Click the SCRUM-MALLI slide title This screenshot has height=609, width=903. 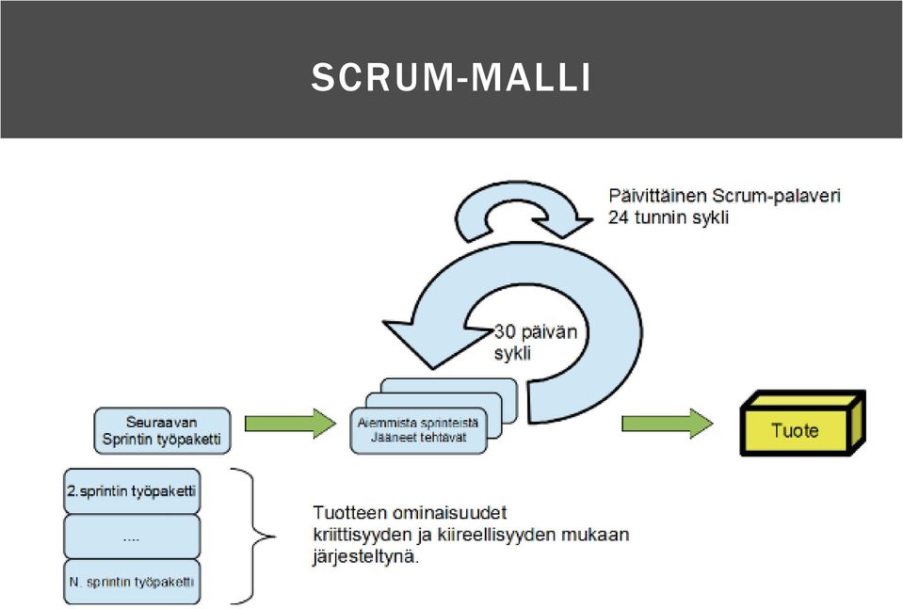(451, 77)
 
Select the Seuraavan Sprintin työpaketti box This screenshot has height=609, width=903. (162, 430)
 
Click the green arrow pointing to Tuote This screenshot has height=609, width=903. (667, 424)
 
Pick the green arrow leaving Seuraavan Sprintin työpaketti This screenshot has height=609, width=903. (290, 424)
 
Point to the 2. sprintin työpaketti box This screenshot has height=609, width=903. (132, 491)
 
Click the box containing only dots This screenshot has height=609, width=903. (132, 537)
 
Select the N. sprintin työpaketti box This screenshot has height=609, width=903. (132, 582)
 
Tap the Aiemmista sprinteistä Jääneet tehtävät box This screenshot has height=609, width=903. (418, 430)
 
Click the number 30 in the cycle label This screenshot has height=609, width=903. (505, 332)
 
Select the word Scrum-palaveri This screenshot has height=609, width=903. (776, 196)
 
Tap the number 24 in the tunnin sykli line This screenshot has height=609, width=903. (619, 217)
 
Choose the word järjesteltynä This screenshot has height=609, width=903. (366, 558)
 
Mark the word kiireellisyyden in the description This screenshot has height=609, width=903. (489, 536)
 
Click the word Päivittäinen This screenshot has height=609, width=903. (657, 196)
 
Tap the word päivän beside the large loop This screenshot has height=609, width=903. (549, 332)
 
